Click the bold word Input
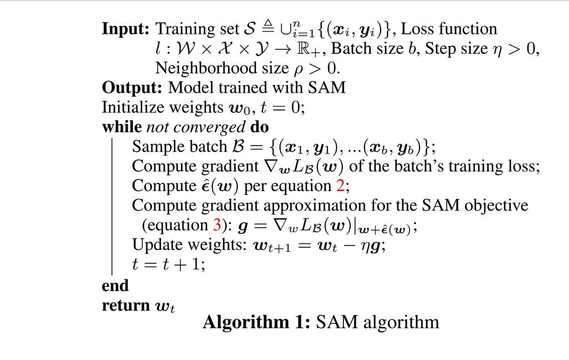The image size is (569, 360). (x=126, y=29)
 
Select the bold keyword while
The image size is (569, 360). (x=122, y=127)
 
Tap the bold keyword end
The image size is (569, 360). (x=115, y=286)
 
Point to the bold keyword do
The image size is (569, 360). (x=259, y=127)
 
